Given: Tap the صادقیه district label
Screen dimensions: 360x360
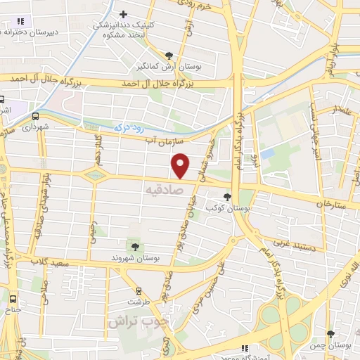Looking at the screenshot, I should click(x=164, y=190).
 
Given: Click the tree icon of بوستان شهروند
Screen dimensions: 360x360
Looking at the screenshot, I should click(x=133, y=245).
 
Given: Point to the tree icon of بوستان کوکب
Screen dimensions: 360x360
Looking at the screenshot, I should click(x=227, y=198).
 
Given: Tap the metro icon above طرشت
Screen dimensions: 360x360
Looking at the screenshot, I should click(x=138, y=290).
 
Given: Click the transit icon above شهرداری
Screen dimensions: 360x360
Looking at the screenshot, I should click(x=35, y=117).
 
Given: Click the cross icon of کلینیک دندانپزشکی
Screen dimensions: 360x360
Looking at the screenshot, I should click(x=124, y=14).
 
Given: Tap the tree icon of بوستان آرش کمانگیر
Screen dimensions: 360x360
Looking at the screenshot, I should click(x=169, y=55).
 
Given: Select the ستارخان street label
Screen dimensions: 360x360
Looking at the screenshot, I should click(x=333, y=204).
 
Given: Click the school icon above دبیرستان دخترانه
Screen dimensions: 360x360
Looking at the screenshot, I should click(x=20, y=22).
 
